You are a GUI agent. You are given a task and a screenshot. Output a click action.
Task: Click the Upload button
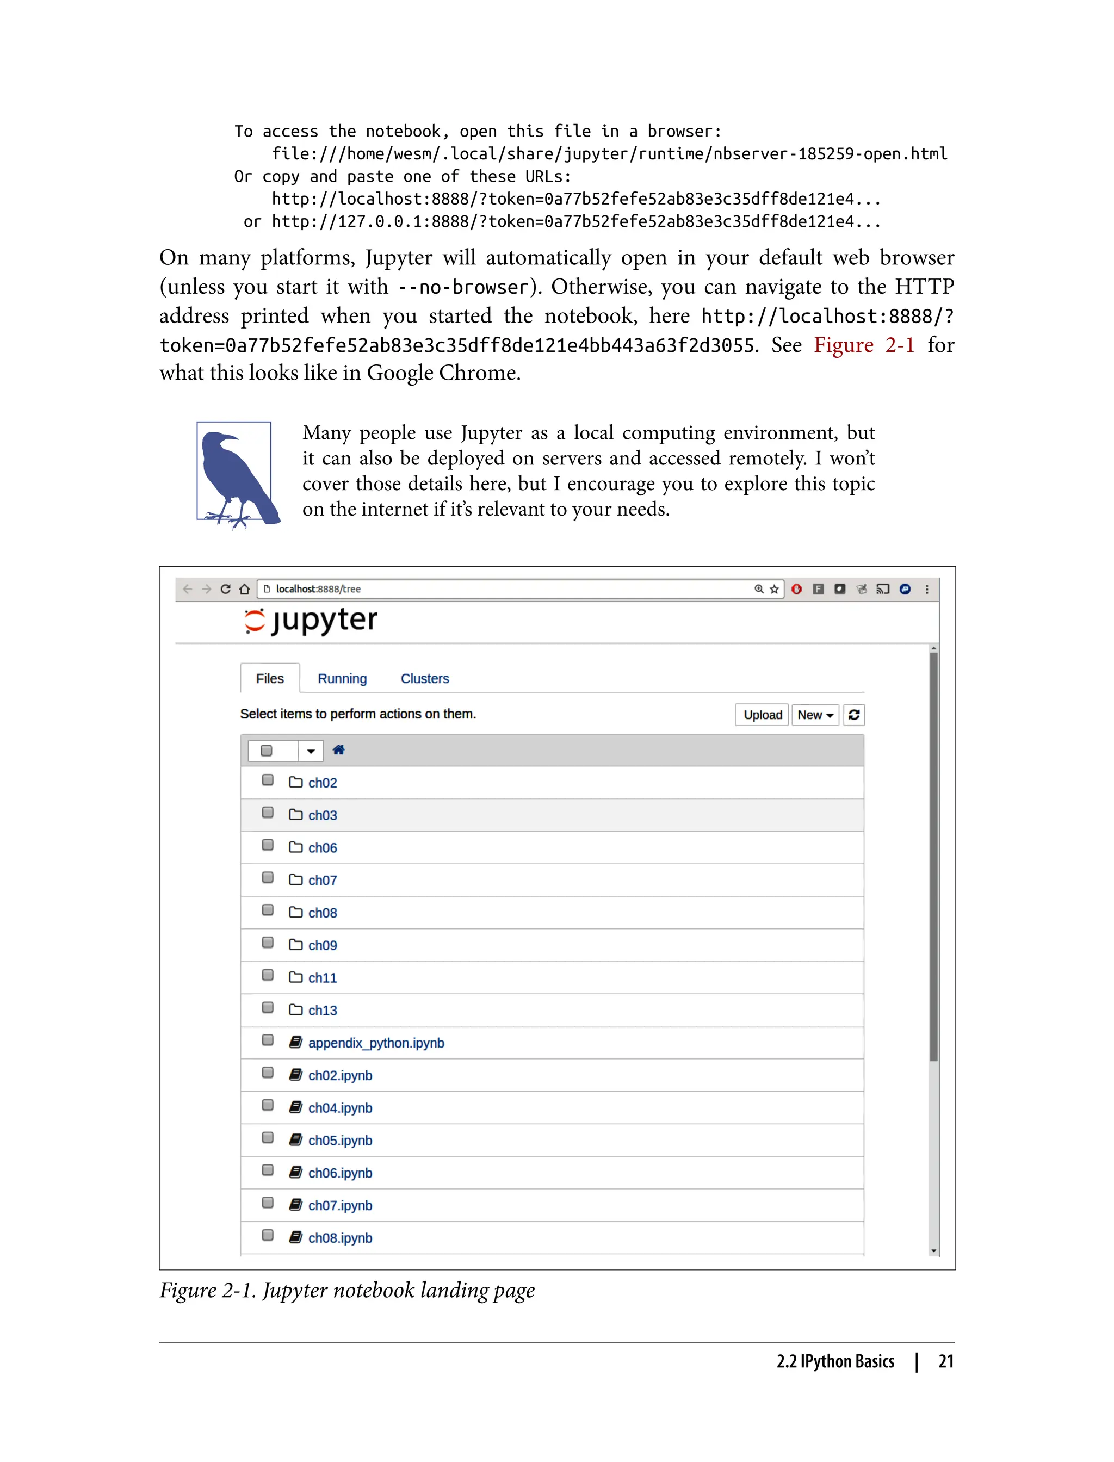point(762,715)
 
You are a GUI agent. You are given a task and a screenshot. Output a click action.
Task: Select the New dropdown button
point(814,715)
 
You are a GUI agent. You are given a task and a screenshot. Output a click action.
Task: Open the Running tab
point(342,678)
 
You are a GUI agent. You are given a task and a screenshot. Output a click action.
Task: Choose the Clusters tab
point(424,678)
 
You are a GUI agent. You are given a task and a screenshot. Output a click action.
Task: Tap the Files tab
point(269,678)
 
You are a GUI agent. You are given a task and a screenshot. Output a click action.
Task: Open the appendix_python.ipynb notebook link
point(376,1043)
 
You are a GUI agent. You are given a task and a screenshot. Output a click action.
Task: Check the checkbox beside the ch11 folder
point(268,975)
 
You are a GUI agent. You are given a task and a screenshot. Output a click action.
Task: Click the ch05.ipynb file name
point(340,1141)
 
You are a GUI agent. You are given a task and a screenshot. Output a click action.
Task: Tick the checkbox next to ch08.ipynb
point(268,1235)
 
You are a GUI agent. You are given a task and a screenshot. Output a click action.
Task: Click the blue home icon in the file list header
point(338,750)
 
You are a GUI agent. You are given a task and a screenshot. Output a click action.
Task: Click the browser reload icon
point(225,589)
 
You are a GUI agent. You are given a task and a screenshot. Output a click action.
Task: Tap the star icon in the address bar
point(774,589)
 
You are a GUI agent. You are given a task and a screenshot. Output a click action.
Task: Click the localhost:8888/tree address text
point(318,589)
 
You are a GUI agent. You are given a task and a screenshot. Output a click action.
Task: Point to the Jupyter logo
point(311,621)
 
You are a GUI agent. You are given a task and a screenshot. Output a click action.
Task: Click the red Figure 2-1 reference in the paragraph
point(863,345)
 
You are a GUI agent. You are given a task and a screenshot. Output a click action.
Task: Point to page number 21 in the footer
point(945,1362)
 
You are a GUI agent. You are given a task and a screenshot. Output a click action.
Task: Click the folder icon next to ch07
point(296,879)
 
